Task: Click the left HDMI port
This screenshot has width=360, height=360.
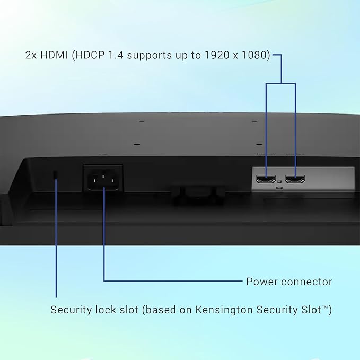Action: point(266,179)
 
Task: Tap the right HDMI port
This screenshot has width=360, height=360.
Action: point(295,179)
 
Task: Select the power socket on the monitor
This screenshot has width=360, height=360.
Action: point(103,178)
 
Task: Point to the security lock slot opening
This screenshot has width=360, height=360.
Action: point(55,174)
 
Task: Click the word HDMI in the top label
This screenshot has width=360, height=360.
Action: point(54,55)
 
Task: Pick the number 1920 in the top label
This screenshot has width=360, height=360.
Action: point(217,55)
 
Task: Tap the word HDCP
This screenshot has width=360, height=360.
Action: point(89,55)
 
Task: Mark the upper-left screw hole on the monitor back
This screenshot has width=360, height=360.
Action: point(142,121)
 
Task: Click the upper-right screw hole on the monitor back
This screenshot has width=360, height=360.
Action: point(254,121)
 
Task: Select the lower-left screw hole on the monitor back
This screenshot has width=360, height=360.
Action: point(137,145)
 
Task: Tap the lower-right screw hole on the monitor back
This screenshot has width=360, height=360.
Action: point(259,145)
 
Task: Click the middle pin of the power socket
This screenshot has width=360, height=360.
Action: point(103,177)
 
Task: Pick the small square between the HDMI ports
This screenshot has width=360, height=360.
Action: point(279,182)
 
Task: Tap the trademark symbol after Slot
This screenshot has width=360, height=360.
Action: point(326,307)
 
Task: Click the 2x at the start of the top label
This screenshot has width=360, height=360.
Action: point(31,55)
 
